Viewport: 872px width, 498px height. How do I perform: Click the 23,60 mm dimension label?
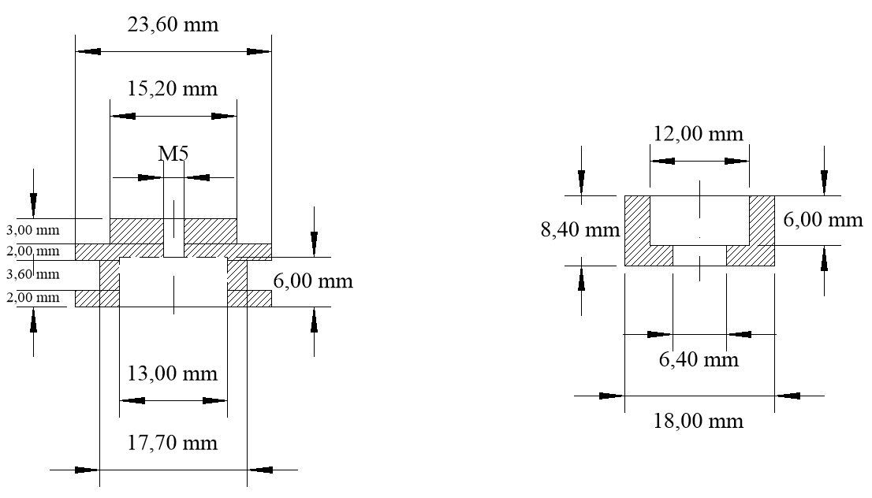pos(173,24)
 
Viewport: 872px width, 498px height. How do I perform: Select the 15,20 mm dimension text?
pos(173,87)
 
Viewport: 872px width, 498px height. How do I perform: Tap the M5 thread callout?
pos(173,153)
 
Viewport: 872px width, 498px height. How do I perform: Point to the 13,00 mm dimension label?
pos(173,373)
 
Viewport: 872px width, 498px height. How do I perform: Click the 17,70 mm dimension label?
pos(173,443)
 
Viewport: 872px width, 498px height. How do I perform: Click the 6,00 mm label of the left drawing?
pos(313,281)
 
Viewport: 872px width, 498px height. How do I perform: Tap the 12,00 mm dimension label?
pos(699,133)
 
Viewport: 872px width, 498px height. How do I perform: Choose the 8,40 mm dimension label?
pos(579,231)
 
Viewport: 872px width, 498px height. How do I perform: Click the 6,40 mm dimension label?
pos(699,359)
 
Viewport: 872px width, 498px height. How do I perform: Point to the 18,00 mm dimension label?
pos(699,421)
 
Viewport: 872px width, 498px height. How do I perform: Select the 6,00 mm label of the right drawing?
pos(823,220)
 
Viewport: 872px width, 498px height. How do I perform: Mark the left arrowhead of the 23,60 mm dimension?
pos(88,51)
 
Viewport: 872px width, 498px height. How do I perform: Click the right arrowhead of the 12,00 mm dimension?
pos(740,161)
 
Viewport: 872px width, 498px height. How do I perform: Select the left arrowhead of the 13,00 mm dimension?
pos(132,400)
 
